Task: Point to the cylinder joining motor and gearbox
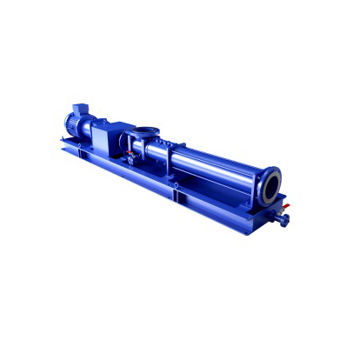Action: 98,130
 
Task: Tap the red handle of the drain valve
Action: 286,208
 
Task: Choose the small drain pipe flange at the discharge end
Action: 283,220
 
